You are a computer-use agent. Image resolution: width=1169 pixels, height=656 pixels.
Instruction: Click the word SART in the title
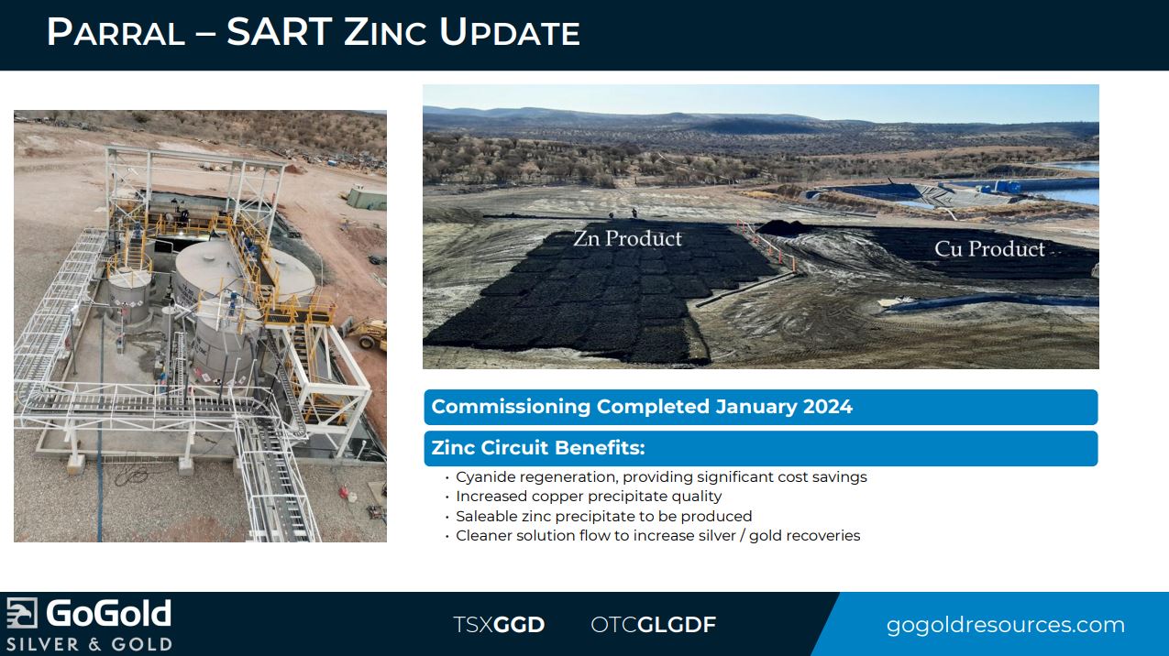point(280,32)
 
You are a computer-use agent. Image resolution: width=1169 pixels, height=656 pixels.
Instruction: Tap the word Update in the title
point(510,32)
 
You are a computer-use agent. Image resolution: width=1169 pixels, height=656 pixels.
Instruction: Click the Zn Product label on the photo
point(627,238)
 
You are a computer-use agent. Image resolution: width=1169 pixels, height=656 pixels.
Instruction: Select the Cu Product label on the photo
point(989,248)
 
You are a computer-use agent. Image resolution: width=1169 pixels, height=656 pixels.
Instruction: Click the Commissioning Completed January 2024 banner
point(761,407)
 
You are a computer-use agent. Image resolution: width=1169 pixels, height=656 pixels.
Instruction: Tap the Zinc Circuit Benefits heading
point(538,448)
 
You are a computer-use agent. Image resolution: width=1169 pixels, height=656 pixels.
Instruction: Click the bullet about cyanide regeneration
point(661,477)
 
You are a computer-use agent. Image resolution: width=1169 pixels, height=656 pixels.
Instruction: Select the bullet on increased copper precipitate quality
point(589,497)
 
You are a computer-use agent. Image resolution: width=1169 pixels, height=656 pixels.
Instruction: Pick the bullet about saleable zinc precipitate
point(604,516)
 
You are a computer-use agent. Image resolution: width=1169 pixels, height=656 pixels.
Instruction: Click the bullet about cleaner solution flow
point(657,536)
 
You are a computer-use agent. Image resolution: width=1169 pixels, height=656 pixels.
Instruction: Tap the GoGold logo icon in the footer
point(22,613)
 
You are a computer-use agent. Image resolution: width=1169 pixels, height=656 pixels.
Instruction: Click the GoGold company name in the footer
point(108,613)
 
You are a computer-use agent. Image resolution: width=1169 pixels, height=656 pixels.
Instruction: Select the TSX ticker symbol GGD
point(519,625)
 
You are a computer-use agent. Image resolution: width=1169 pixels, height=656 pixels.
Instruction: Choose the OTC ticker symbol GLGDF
point(677,625)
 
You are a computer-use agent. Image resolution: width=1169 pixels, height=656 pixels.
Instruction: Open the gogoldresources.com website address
point(1006,625)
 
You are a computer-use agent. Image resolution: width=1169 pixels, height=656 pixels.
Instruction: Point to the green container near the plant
point(367,199)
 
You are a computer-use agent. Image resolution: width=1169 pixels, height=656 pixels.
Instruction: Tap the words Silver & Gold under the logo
point(89,644)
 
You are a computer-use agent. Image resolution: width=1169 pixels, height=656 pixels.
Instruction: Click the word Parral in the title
point(116,32)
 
